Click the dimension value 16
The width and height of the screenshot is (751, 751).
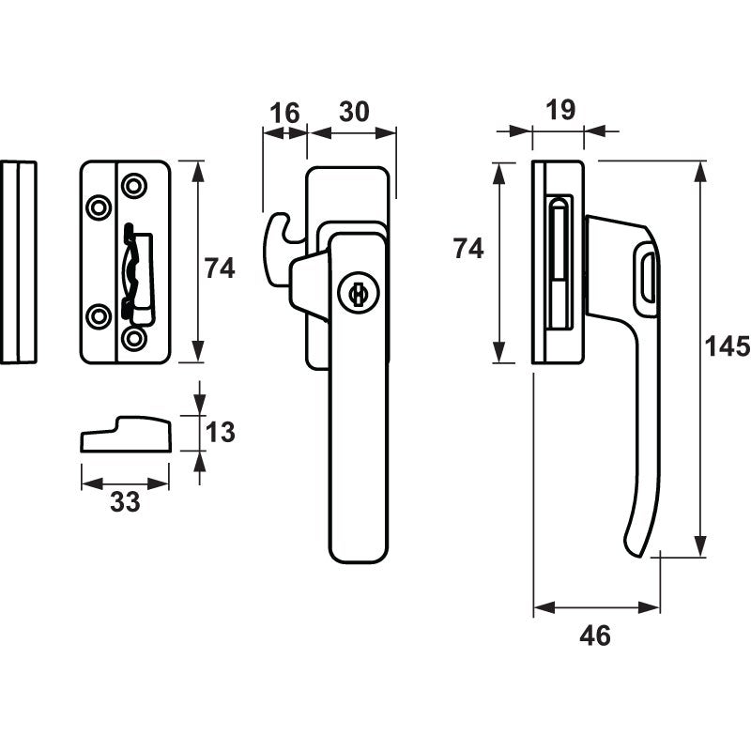tap(284, 113)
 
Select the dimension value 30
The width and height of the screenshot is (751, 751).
tap(354, 112)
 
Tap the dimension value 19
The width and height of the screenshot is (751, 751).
tap(560, 110)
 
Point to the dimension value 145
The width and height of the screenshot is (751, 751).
tap(728, 346)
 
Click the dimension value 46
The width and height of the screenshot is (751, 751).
tap(595, 636)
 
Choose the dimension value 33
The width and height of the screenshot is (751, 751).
tap(125, 502)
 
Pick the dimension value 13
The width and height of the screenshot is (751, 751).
tap(220, 432)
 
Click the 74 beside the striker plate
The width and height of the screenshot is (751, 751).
tap(220, 268)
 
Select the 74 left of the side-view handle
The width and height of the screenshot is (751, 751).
tap(468, 249)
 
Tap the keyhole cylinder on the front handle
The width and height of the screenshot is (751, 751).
tap(357, 295)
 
